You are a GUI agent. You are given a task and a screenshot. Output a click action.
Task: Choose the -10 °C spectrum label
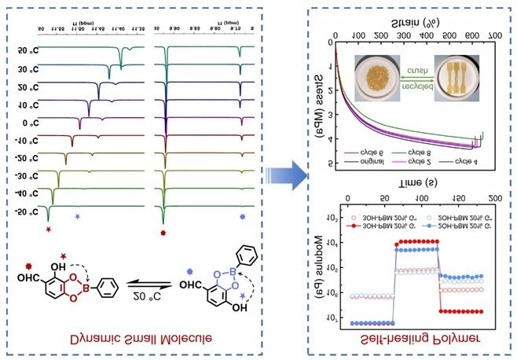click(x=28, y=141)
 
